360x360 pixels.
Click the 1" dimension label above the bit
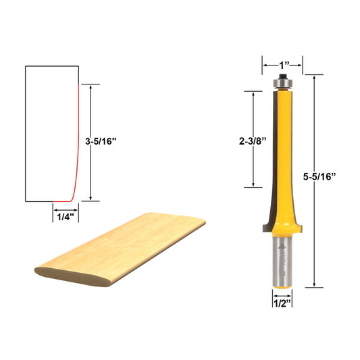click(282, 66)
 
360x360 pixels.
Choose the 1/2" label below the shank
click(282, 303)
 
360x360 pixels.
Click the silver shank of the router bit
click(282, 260)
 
